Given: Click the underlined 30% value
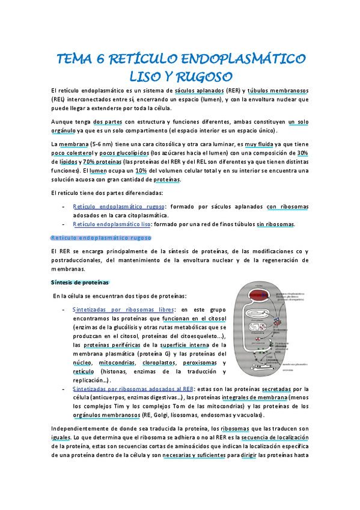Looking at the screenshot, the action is point(302,153).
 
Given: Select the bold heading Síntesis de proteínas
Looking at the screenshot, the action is point(79,282).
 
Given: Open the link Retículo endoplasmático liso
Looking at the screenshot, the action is point(112,224).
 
